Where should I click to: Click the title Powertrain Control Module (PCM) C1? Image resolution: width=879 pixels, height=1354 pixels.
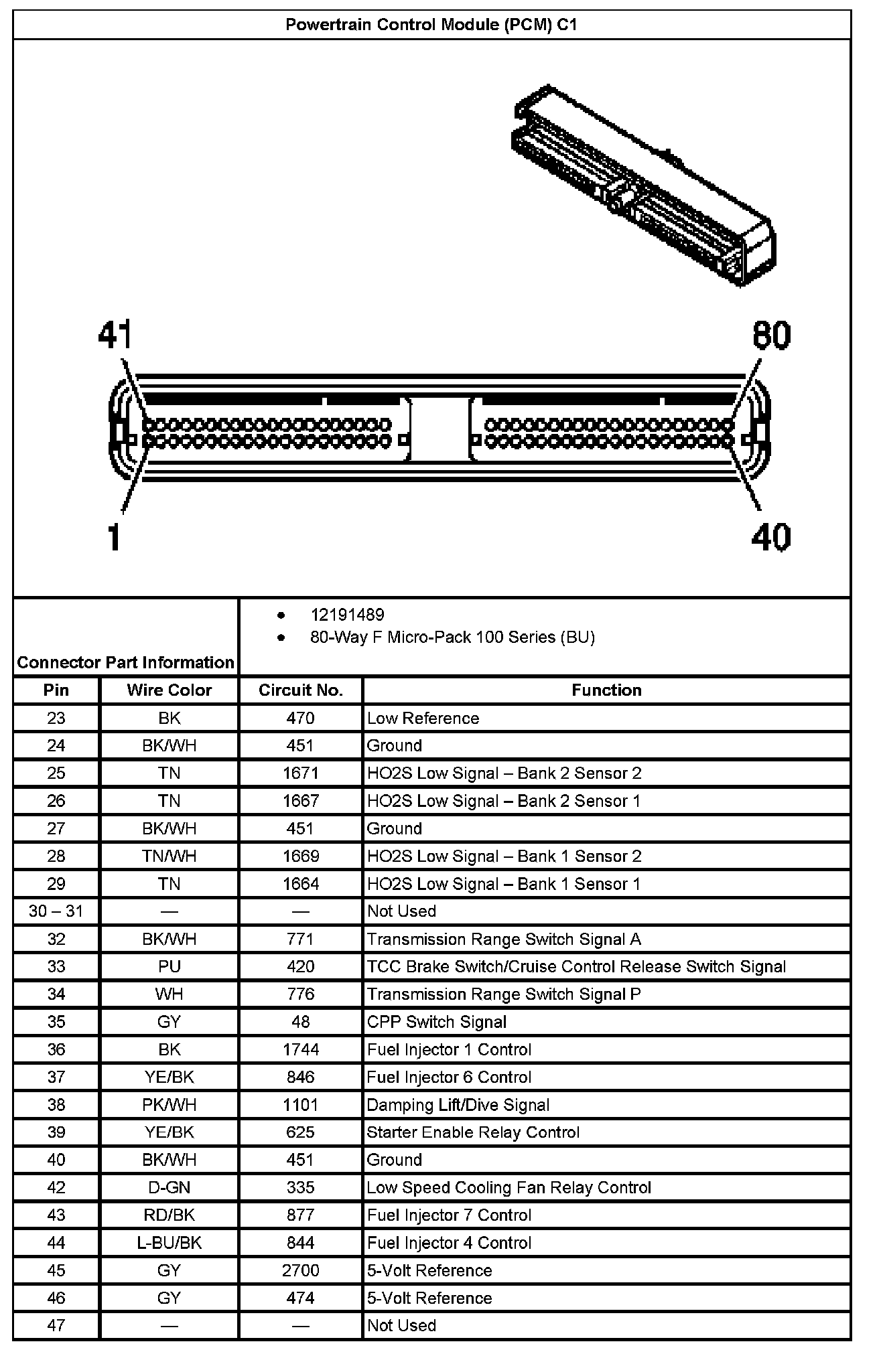pos(431,25)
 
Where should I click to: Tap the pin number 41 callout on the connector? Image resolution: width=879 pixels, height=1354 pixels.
pos(115,334)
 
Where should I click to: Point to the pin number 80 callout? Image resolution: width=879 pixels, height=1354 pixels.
pos(771,335)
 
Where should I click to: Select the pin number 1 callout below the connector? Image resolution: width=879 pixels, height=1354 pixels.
pos(115,537)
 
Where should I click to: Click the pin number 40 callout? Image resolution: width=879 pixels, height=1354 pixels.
pos(770,537)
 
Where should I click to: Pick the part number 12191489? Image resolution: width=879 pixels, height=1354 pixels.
pos(347,615)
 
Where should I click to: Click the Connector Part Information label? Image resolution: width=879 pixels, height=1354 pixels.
pos(126,662)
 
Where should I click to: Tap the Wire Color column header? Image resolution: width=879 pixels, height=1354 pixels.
pos(169,690)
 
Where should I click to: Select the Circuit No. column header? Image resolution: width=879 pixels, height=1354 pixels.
pos(300,690)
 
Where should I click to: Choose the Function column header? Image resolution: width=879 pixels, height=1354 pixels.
pos(606,690)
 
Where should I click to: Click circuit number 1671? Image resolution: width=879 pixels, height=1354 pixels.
pos(300,773)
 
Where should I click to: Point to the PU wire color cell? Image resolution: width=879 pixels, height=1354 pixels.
pos(169,967)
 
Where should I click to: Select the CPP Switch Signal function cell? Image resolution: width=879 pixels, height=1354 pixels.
pos(436,1022)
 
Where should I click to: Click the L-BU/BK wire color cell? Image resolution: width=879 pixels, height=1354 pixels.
pos(169,1243)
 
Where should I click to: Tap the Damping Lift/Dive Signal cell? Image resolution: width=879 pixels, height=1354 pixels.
pos(458,1105)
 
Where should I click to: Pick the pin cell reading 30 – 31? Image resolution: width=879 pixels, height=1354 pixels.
pos(56,911)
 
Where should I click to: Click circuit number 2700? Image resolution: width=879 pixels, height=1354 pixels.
pos(300,1270)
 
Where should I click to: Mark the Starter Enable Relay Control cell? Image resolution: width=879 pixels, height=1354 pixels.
pos(472,1132)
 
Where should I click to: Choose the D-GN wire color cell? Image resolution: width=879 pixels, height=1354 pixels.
pos(169,1188)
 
